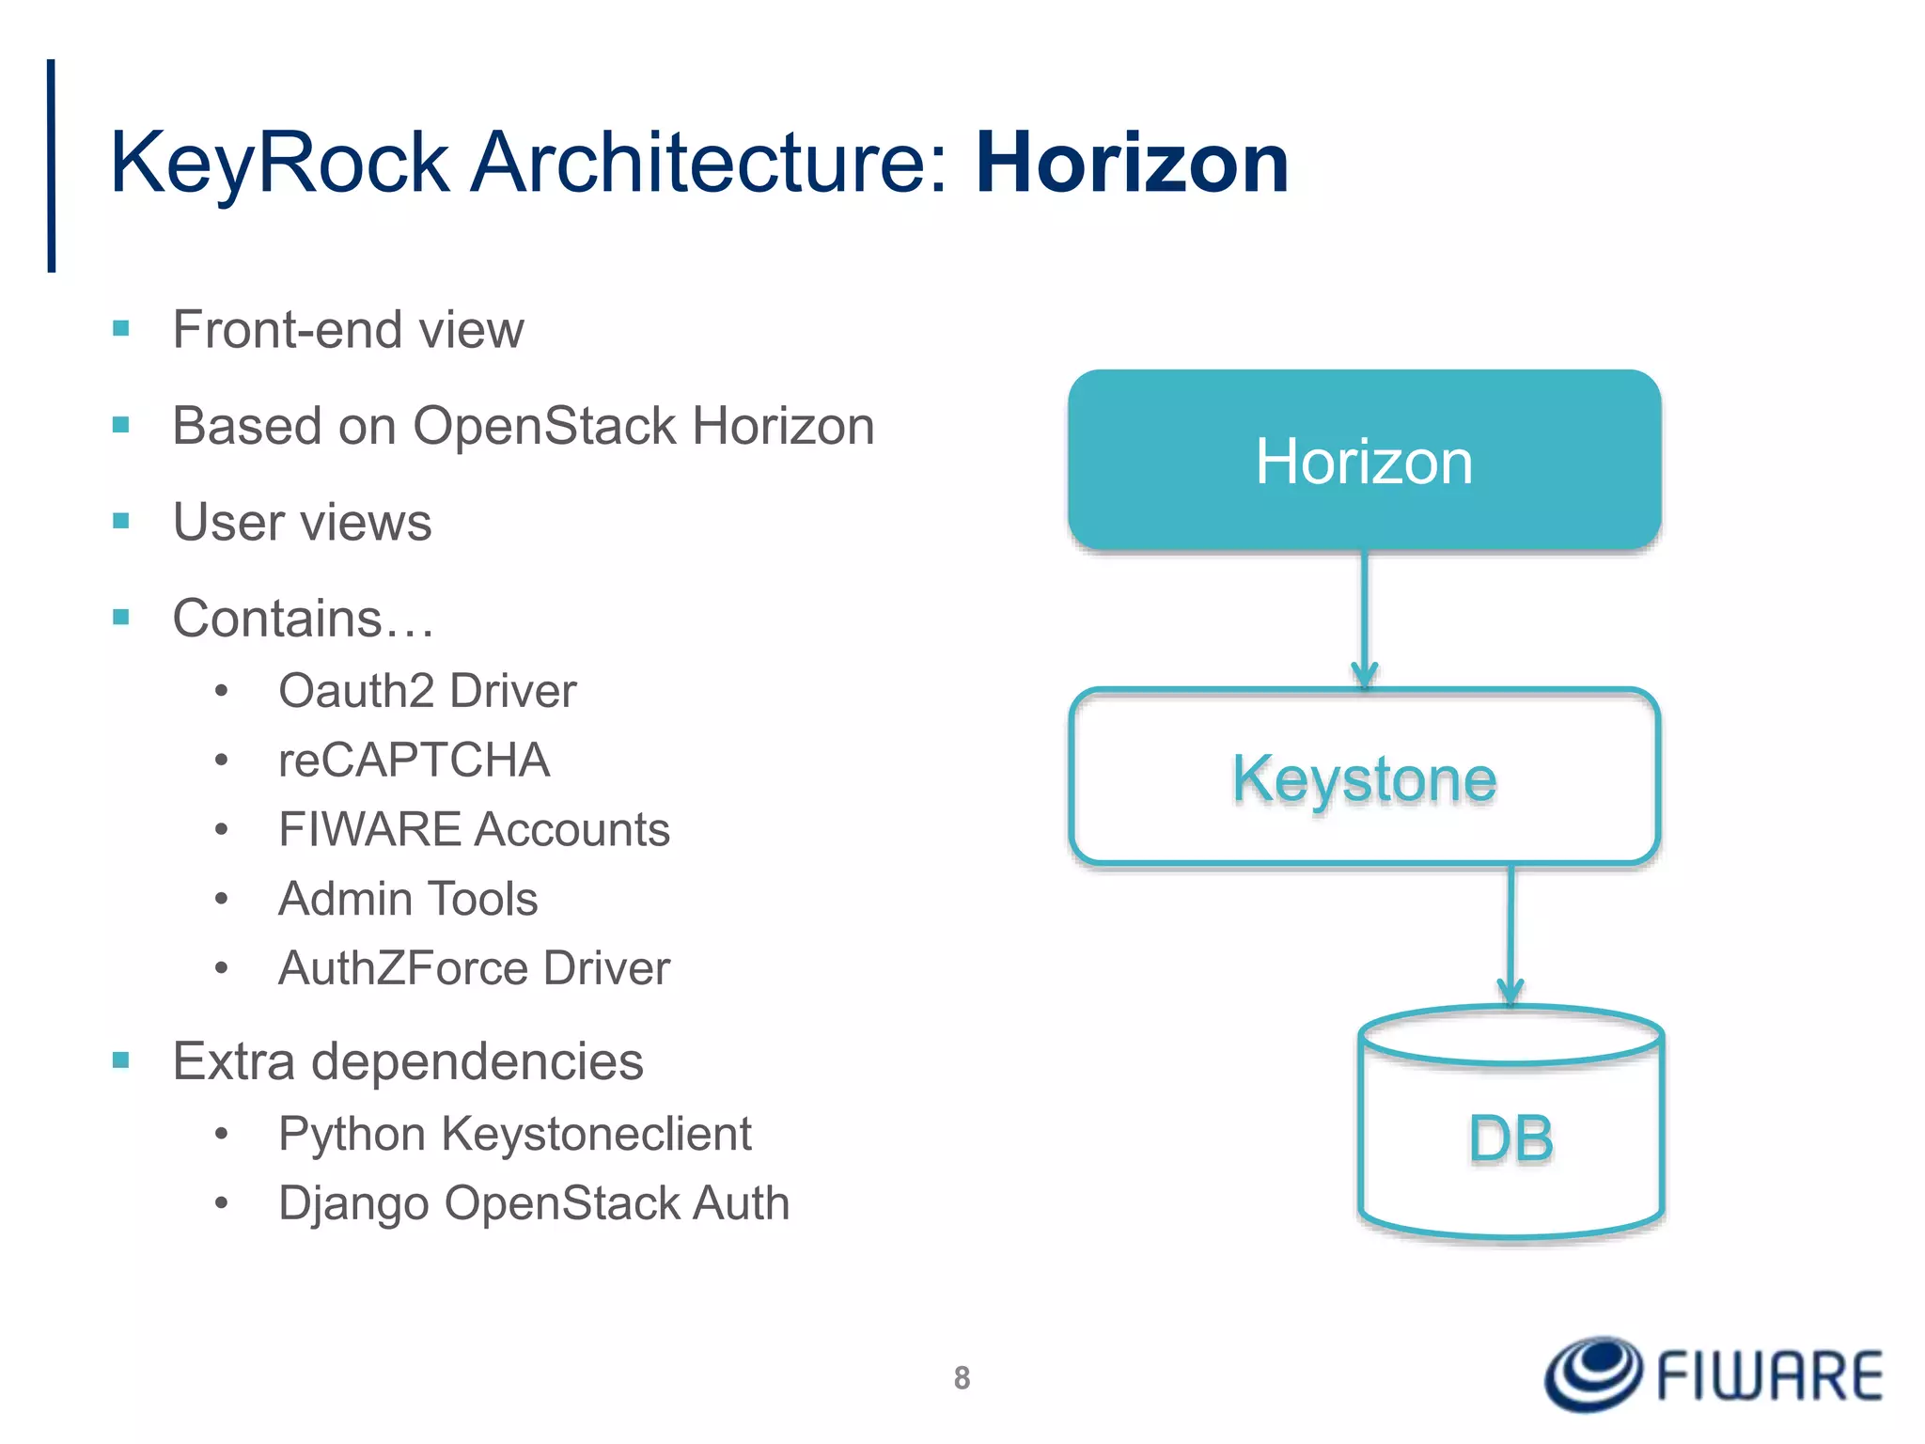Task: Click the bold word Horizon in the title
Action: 1132,164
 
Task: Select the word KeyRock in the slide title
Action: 280,164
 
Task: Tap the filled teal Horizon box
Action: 1364,460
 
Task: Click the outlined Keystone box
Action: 1364,777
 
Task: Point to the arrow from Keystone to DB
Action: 1510,934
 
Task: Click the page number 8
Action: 962,1377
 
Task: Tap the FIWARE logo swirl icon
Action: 1594,1373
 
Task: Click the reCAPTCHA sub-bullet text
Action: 414,760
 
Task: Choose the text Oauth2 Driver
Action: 427,691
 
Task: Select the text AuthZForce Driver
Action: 474,968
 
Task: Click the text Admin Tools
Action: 408,899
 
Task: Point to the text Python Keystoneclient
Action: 514,1134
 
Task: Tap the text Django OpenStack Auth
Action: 533,1203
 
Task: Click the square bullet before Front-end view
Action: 120,328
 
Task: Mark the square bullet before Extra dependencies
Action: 120,1060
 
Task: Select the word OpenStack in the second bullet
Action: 545,426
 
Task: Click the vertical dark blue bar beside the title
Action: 52,165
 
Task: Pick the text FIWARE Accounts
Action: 474,829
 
